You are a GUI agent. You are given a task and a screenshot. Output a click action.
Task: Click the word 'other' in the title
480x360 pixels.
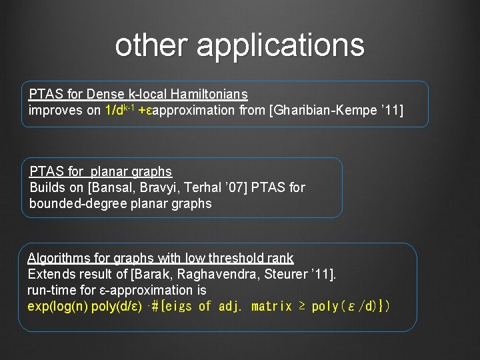coord(151,45)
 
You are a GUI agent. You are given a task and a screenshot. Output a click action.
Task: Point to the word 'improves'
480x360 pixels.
coord(55,111)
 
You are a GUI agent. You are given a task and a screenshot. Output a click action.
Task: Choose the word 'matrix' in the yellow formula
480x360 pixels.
coord(273,307)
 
